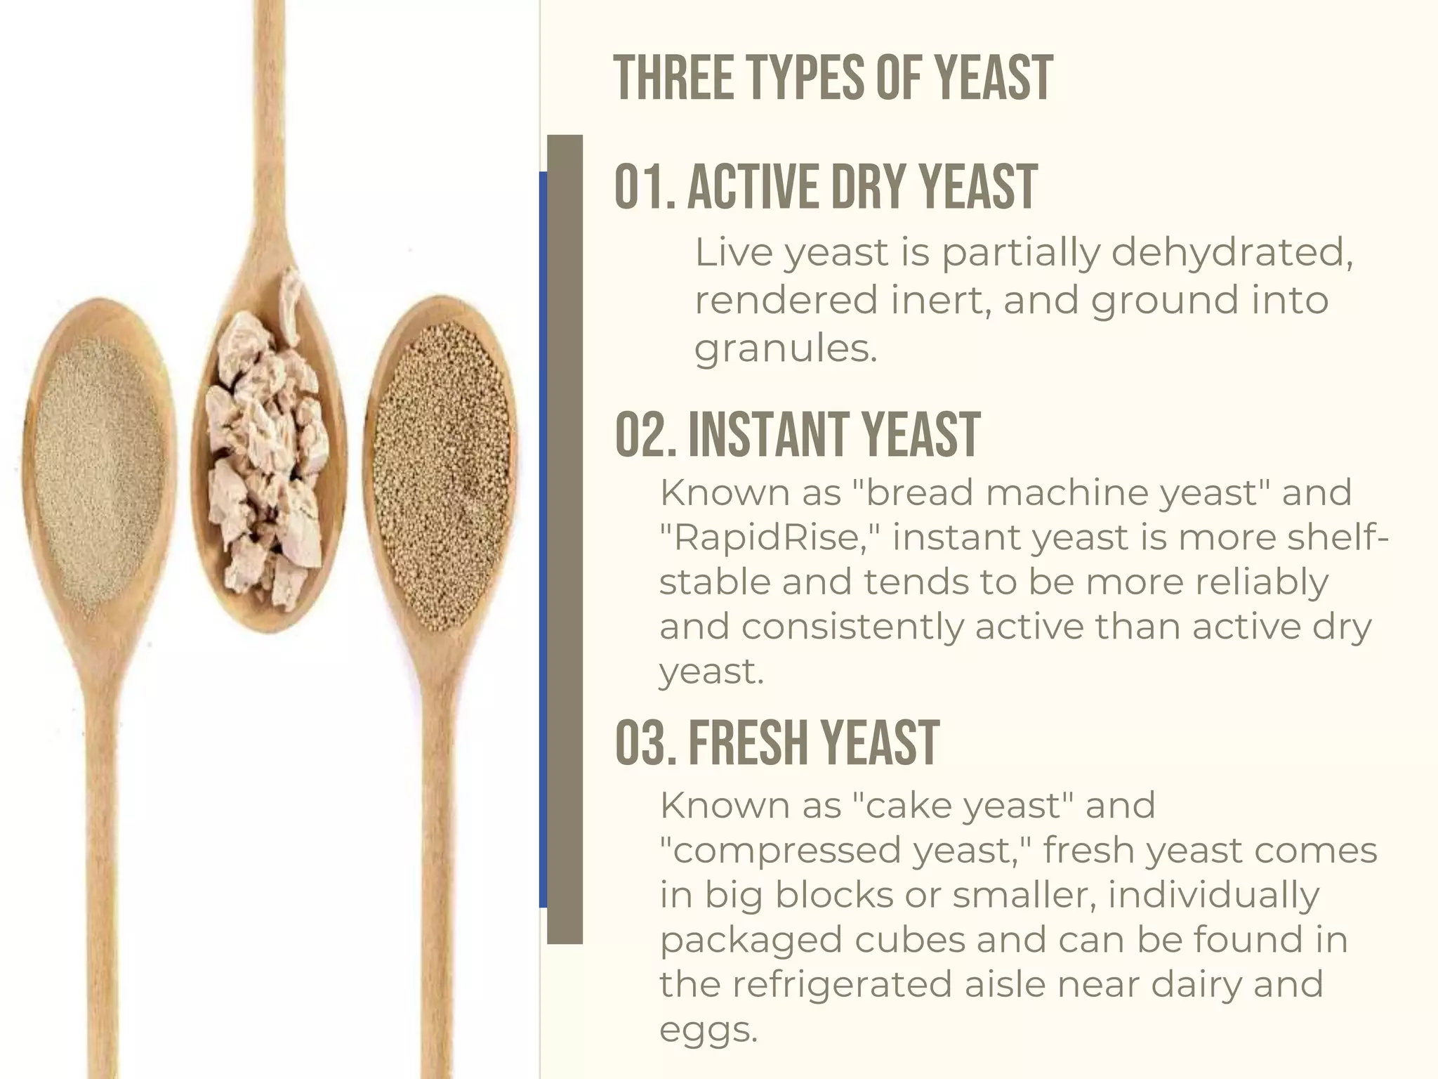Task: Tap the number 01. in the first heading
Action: [x=645, y=187]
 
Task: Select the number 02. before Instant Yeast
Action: [x=646, y=435]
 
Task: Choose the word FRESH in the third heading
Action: [x=748, y=743]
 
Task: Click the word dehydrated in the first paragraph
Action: [x=1232, y=253]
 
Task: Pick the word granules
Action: [x=786, y=348]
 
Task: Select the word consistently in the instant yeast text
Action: [x=852, y=627]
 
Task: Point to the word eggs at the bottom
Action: [x=708, y=1030]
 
